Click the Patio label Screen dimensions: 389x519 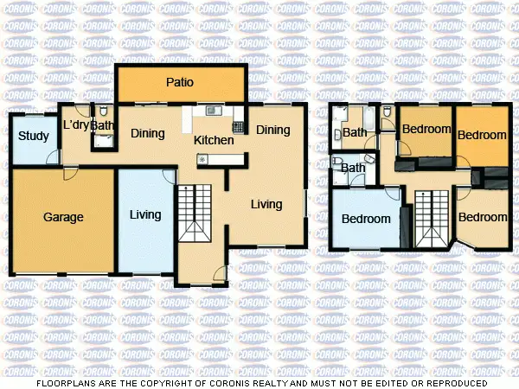[180, 83]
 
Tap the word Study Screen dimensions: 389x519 [33, 136]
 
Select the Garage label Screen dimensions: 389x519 [63, 217]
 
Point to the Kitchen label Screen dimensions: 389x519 [213, 140]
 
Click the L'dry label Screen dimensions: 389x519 [76, 126]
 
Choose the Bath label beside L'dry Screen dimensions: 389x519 [103, 126]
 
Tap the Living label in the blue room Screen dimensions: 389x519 [144, 214]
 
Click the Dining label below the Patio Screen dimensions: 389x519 [147, 133]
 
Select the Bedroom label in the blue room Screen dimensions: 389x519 [366, 219]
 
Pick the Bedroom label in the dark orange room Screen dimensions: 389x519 [482, 135]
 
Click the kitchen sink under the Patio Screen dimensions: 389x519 [213, 111]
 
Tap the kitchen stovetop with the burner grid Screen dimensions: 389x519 [238, 127]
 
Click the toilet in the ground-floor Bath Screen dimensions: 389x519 [103, 112]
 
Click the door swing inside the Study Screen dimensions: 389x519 [54, 156]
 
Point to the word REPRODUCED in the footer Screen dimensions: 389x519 [452, 381]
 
